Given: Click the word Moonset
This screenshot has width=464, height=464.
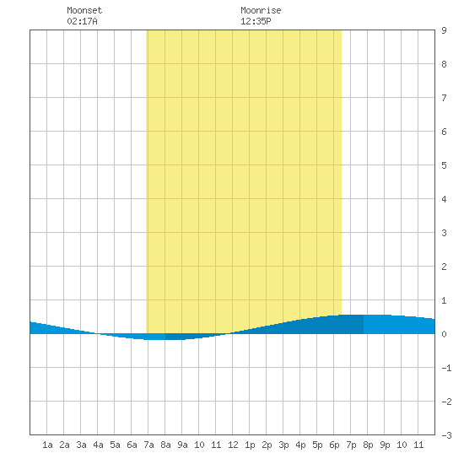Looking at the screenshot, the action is click(84, 10).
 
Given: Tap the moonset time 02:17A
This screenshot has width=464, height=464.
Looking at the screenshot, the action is click(82, 21).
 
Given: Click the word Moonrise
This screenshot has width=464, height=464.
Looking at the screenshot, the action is click(261, 10).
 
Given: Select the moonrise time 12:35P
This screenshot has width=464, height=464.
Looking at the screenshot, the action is click(256, 21).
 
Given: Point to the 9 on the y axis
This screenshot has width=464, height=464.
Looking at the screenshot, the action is click(444, 30).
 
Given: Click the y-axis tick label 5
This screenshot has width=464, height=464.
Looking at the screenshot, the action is click(444, 165).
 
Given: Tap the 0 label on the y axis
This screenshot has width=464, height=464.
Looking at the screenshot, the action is click(444, 334).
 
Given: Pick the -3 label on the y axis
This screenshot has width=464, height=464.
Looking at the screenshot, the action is click(446, 435).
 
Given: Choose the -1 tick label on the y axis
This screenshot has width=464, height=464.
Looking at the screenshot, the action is click(446, 368).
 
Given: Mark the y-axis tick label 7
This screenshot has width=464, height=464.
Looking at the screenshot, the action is click(444, 98).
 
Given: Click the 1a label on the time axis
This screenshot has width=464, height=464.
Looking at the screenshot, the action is click(47, 445).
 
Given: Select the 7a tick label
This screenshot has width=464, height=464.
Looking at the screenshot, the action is click(148, 445).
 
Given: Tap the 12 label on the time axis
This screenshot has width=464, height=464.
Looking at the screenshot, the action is click(233, 445).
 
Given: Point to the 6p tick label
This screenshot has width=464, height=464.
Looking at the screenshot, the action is click(334, 445).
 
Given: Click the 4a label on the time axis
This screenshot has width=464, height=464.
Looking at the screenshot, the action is click(98, 445).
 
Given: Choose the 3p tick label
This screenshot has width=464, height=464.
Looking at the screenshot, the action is click(283, 445).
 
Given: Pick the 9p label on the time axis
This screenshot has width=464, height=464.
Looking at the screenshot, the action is click(385, 445).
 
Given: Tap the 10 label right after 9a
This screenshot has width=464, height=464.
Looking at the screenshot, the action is click(199, 445).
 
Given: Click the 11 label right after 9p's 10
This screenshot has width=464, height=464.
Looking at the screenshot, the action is click(418, 445).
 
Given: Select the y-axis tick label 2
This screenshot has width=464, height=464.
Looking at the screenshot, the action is click(444, 267).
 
